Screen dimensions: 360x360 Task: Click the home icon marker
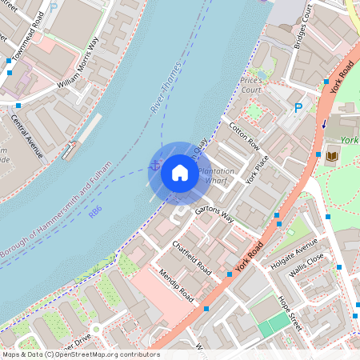tap(180, 172)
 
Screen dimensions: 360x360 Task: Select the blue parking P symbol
tap(299, 107)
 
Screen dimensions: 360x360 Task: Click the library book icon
tap(332, 154)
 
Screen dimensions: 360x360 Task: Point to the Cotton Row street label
tap(244, 136)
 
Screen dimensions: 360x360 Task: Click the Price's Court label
tap(251, 86)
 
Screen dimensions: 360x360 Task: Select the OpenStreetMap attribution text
tap(80, 354)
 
